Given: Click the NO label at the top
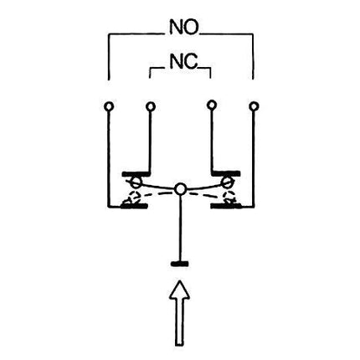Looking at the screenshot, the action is tap(183, 27).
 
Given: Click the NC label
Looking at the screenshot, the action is tap(183, 62).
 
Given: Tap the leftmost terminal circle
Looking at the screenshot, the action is tap(109, 106).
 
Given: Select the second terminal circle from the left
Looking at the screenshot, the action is tap(151, 106).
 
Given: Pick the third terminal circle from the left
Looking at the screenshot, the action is tap(212, 105).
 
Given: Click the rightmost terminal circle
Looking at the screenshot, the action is tap(254, 106).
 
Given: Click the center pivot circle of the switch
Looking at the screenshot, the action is tap(180, 189).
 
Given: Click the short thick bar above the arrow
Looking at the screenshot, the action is tap(179, 264).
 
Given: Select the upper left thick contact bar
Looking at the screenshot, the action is tap(136, 174).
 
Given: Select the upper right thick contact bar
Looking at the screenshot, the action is tap(226, 173).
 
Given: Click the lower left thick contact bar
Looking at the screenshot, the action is tap(134, 206).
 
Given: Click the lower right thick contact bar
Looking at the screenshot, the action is tap(225, 206).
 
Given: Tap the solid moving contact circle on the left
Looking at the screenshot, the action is tap(136, 183).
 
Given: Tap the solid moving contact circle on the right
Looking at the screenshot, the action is tap(226, 183).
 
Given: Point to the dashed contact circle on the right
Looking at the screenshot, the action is tap(230, 197).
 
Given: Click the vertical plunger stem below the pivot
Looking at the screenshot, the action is tap(180, 228).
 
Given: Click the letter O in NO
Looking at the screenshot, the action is tap(191, 27).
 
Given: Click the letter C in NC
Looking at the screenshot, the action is tap(191, 62).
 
